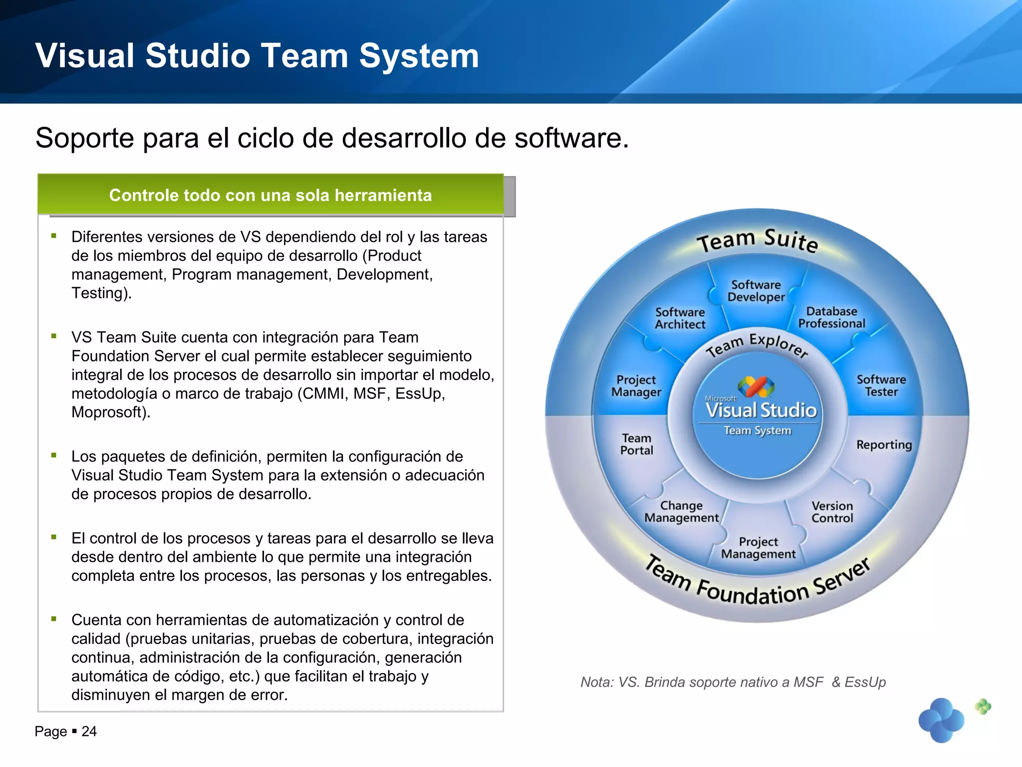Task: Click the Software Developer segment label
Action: (x=756, y=291)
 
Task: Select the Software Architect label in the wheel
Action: (x=680, y=319)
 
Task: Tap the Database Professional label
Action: (x=831, y=318)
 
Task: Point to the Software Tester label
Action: (x=881, y=385)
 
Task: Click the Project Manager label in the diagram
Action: (x=636, y=386)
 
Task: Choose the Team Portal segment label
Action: (x=636, y=444)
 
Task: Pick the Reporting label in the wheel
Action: (x=884, y=444)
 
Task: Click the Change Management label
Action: (x=681, y=512)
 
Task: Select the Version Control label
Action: (x=832, y=512)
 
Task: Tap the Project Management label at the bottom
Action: (x=758, y=548)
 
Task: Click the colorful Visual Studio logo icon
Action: (x=756, y=386)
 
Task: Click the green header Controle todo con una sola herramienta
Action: (x=270, y=195)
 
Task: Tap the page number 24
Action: (x=89, y=732)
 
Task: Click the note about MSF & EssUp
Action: (x=733, y=682)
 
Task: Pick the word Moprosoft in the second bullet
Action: (x=110, y=412)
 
